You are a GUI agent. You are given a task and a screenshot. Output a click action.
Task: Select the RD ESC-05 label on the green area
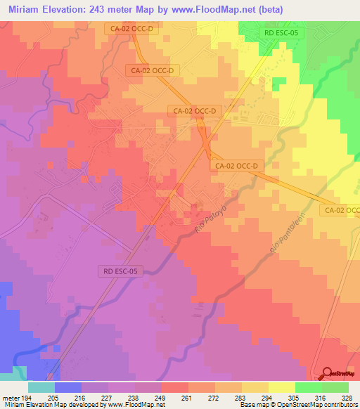tap(279, 32)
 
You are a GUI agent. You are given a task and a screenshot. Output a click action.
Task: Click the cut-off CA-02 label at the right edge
tap(340, 210)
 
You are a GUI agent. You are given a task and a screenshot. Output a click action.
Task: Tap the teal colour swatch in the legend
tap(41, 387)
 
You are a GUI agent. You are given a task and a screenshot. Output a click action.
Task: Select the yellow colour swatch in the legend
tap(282, 387)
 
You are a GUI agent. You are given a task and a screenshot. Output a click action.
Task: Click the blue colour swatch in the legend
tap(67, 387)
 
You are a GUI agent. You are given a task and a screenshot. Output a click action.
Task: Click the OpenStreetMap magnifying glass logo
tap(327, 372)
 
